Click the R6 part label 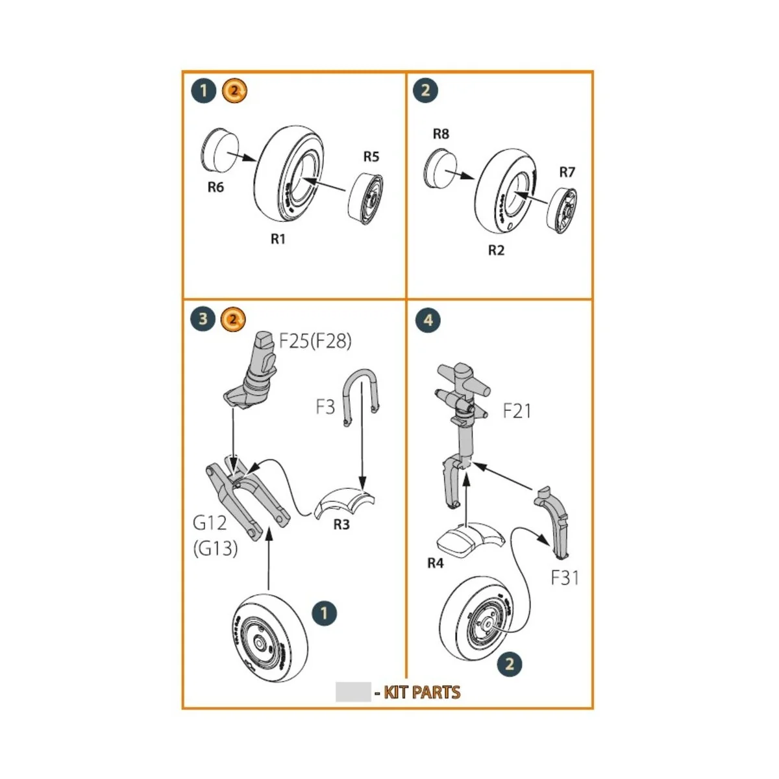(216, 187)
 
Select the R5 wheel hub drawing (366, 197)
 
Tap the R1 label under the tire (278, 239)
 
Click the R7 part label (567, 172)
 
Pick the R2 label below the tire (496, 250)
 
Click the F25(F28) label (315, 341)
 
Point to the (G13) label (216, 549)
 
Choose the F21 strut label (517, 411)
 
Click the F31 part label (564, 577)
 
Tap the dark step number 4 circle (427, 320)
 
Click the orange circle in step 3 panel (234, 319)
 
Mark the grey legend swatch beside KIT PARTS (353, 692)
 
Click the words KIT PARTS (422, 693)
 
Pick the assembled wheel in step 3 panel (267, 637)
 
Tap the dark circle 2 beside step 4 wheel (509, 663)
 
